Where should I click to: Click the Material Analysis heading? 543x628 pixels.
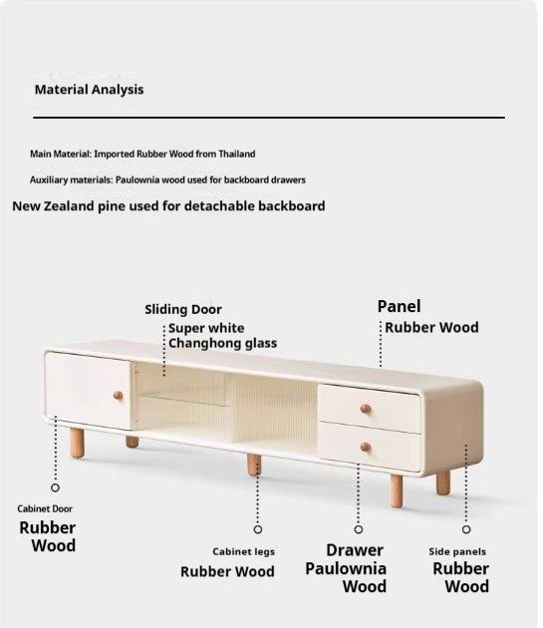89,90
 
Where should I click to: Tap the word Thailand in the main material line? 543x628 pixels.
235,155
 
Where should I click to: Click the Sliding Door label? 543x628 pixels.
183,310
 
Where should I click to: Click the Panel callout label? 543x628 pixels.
399,306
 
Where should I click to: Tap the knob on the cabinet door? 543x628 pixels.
118,396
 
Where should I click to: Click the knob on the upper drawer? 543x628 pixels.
366,408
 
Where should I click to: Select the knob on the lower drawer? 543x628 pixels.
366,447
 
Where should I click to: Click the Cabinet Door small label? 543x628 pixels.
45,509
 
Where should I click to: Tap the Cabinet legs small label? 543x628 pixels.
243,551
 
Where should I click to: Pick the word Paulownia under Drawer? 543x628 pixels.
346,569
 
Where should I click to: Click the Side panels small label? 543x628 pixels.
457,551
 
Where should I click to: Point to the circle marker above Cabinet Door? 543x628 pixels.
55,487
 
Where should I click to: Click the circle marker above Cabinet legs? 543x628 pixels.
258,529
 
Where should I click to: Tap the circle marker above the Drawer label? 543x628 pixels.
359,529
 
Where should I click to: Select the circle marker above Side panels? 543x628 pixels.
466,529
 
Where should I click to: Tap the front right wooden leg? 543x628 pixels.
442,482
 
